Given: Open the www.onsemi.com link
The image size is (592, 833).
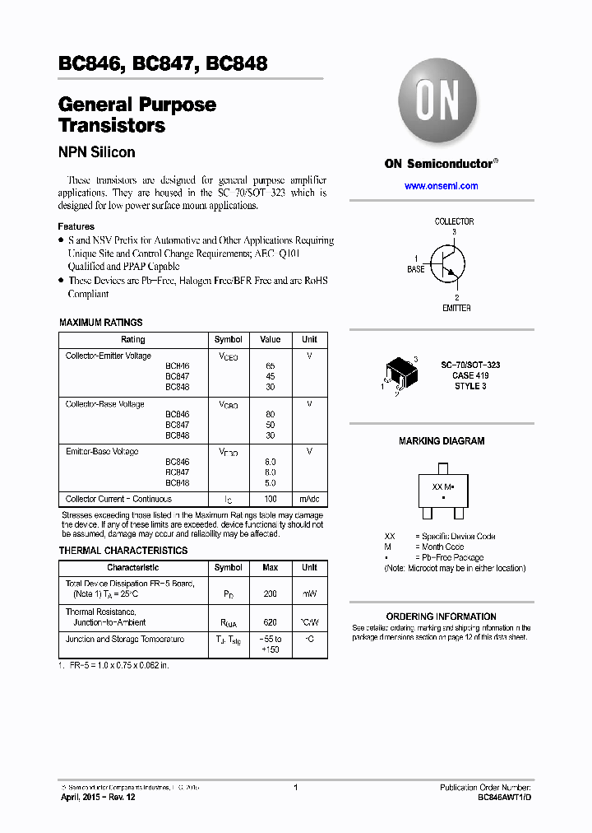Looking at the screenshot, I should (x=441, y=186).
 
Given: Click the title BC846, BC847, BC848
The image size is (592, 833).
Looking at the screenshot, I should (x=163, y=64).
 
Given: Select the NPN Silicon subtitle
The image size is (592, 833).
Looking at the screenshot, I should (x=97, y=152).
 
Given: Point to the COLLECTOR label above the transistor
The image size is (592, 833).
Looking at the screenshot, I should (x=454, y=221).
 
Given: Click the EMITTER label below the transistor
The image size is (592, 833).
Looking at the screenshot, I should (x=456, y=308).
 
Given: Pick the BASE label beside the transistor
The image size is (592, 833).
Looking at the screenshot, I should (x=416, y=269).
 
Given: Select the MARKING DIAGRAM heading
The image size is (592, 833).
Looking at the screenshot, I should (x=442, y=441).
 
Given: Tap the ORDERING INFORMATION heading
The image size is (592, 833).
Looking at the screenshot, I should (x=441, y=617).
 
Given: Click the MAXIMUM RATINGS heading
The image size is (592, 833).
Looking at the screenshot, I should (x=101, y=323).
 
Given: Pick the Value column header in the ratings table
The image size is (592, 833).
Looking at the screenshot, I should (x=271, y=339).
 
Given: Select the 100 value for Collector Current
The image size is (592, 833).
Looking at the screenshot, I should (x=271, y=499).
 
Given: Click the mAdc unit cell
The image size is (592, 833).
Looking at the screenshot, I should (x=309, y=499).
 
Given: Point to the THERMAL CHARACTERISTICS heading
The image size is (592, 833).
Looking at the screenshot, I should (x=123, y=551).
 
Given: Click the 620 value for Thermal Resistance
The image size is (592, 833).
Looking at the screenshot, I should (x=271, y=623).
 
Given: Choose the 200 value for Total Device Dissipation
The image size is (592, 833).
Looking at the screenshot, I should (x=271, y=593).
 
